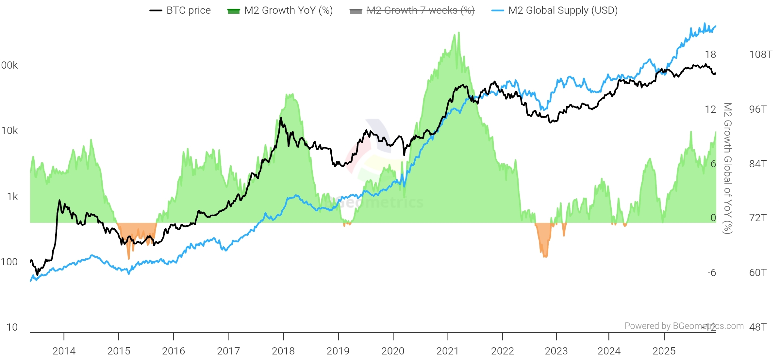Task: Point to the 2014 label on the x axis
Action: pos(64,351)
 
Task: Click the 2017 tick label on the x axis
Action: pos(228,351)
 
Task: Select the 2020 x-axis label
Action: pos(393,351)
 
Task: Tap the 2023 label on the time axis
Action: pos(556,351)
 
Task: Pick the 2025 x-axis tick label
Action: pos(664,351)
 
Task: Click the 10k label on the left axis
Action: pos(10,131)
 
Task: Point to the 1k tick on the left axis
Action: pos(12,196)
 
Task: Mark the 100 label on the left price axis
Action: pos(9,262)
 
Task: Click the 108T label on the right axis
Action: pos(761,54)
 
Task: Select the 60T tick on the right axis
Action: pos(758,272)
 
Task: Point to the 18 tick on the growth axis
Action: pos(710,54)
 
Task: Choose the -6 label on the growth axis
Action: pos(711,272)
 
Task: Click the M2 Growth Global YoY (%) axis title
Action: pos(728,168)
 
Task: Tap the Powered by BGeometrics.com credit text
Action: pos(684,326)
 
